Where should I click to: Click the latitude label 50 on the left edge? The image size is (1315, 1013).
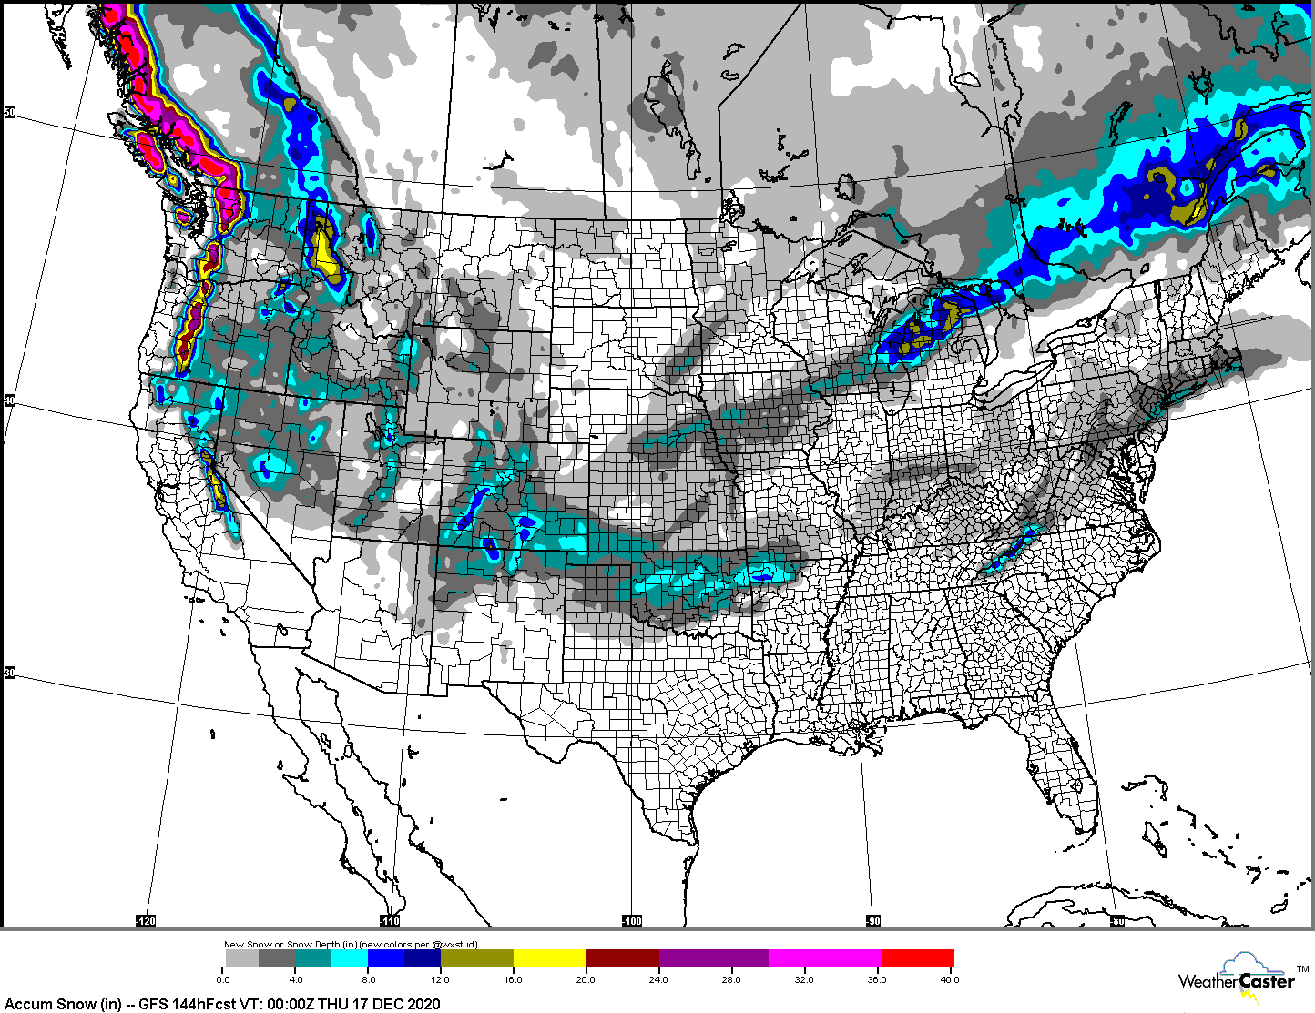10,112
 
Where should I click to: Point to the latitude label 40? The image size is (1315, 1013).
10,400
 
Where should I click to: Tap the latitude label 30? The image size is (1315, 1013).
10,673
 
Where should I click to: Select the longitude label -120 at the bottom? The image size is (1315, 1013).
146,921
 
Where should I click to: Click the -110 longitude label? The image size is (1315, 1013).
390,921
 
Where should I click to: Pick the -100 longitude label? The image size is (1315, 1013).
632,921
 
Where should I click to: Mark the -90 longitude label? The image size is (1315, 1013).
873,921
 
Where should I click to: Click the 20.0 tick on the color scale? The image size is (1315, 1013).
586,979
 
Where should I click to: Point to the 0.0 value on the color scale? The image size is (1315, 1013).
223,979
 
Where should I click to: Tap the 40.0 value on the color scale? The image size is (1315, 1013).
949,979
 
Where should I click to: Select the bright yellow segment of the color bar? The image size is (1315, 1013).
550,958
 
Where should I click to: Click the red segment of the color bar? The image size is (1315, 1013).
917,958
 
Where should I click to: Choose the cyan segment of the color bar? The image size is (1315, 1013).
350,958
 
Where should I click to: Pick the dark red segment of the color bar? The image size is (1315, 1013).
623,958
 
